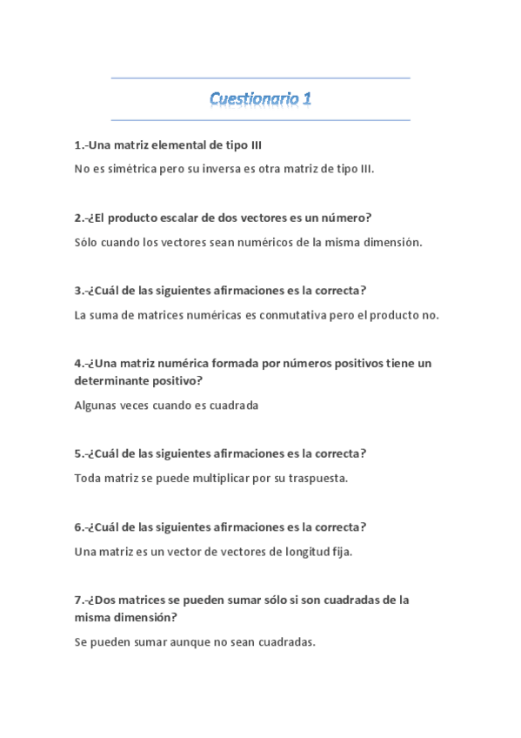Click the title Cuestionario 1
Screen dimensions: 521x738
pos(260,99)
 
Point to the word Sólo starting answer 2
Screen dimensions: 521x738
pos(89,242)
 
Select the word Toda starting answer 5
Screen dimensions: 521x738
pos(89,479)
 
